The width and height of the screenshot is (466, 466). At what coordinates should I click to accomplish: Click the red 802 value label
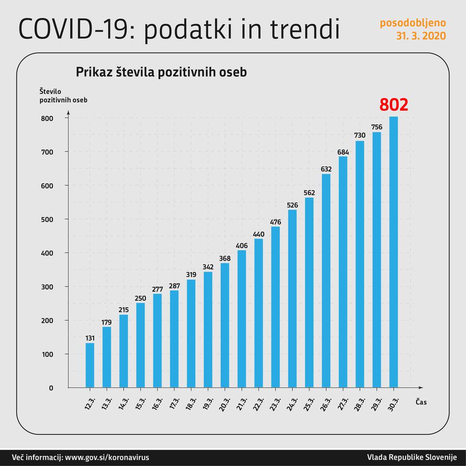pos(394,105)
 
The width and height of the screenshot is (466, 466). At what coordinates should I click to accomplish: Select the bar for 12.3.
pos(90,365)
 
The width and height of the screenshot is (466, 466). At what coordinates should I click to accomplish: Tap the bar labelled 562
pos(309,292)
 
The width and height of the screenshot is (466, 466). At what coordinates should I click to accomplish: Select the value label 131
pos(89,338)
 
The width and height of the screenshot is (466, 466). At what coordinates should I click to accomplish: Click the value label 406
pos(241,245)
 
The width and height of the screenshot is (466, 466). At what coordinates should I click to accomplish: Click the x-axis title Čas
pos(421,402)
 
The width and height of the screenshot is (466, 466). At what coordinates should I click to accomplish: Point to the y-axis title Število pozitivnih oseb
pos(63,95)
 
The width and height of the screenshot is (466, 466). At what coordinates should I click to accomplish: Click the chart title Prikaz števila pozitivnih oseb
pos(161,72)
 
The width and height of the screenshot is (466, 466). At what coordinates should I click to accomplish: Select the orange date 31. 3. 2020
pos(420,36)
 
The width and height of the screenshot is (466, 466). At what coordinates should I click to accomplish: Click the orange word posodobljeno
pos(412,23)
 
